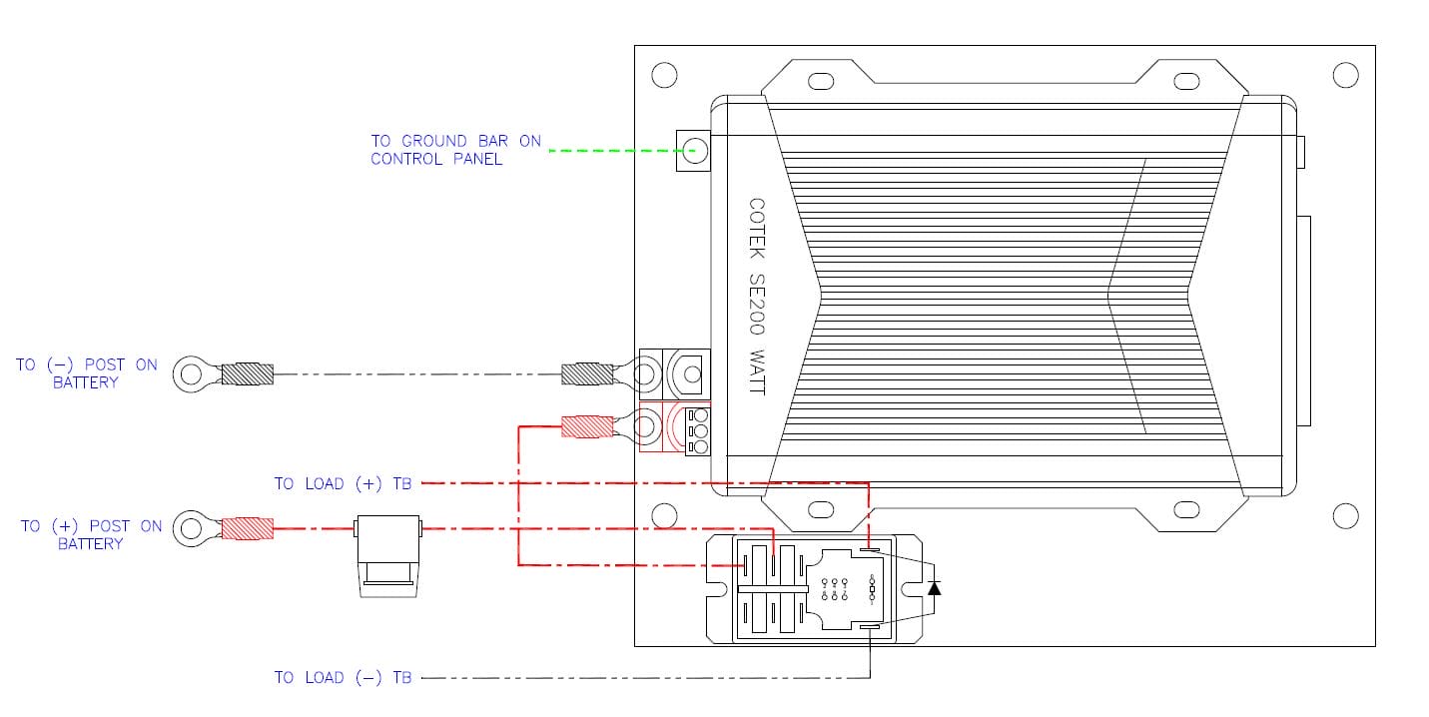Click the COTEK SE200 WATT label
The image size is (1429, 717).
pyautogui.click(x=756, y=296)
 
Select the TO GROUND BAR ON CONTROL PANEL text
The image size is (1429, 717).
pyautogui.click(x=455, y=150)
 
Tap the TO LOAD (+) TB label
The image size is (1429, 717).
pyautogui.click(x=343, y=483)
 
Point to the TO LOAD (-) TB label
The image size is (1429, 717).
pyautogui.click(x=343, y=677)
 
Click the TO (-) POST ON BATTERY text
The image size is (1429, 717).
pyautogui.click(x=87, y=373)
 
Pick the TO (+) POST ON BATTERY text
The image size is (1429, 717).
pyautogui.click(x=91, y=534)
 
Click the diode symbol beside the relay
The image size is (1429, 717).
pyautogui.click(x=934, y=587)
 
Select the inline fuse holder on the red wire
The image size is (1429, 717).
pyautogui.click(x=388, y=555)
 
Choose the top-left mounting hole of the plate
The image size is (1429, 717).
pyautogui.click(x=663, y=75)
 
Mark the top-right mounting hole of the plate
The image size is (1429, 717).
pyautogui.click(x=1345, y=75)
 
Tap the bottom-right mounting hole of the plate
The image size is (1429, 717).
pyautogui.click(x=1345, y=515)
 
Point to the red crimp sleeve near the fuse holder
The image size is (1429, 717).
pyautogui.click(x=247, y=527)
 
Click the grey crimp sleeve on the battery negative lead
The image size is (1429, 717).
pyautogui.click(x=247, y=374)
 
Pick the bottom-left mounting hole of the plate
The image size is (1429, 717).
pyautogui.click(x=663, y=515)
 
